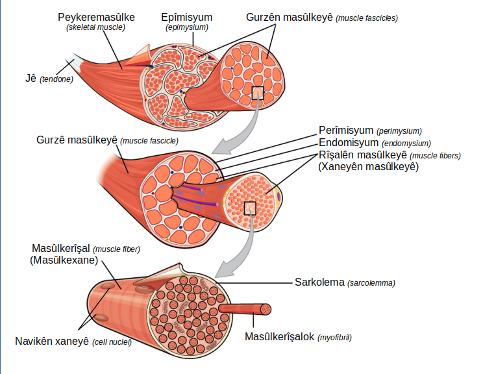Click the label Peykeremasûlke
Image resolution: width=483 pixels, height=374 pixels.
96,18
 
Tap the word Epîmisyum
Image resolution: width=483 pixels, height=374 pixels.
187,18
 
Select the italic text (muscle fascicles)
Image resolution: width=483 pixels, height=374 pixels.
367,18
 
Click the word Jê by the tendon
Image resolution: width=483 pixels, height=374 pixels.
31,78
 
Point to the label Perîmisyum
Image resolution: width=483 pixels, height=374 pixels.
346,131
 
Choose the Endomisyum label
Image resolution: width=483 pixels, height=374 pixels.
349,143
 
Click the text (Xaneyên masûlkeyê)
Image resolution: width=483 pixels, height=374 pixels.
368,167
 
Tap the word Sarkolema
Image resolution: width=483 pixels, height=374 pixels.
319,282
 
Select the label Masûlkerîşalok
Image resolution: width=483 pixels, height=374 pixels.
279,337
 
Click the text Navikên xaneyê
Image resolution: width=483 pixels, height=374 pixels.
52,342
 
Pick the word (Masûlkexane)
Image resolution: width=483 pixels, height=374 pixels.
64,260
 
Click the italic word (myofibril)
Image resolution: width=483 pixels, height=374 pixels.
334,338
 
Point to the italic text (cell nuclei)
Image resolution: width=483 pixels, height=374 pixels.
112,342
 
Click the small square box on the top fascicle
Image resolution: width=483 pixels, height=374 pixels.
258,93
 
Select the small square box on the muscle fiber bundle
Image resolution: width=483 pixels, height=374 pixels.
250,208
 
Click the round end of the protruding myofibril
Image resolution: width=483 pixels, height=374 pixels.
266,309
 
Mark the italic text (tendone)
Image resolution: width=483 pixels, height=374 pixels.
56,79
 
